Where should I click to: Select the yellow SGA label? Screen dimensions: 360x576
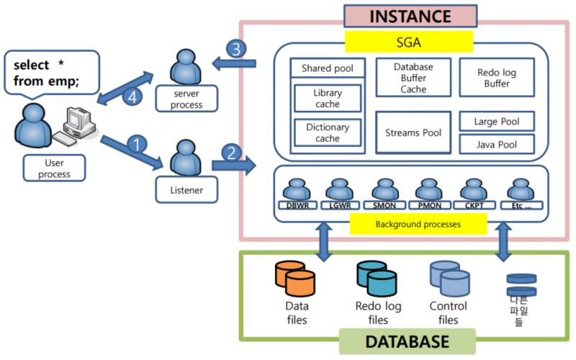click(409, 42)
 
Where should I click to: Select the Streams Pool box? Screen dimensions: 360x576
click(413, 132)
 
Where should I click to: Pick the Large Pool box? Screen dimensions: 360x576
click(497, 121)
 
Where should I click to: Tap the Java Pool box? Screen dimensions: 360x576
click(497, 145)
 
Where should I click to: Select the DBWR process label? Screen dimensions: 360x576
click(297, 205)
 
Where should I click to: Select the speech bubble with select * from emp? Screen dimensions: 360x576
click(50, 72)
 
